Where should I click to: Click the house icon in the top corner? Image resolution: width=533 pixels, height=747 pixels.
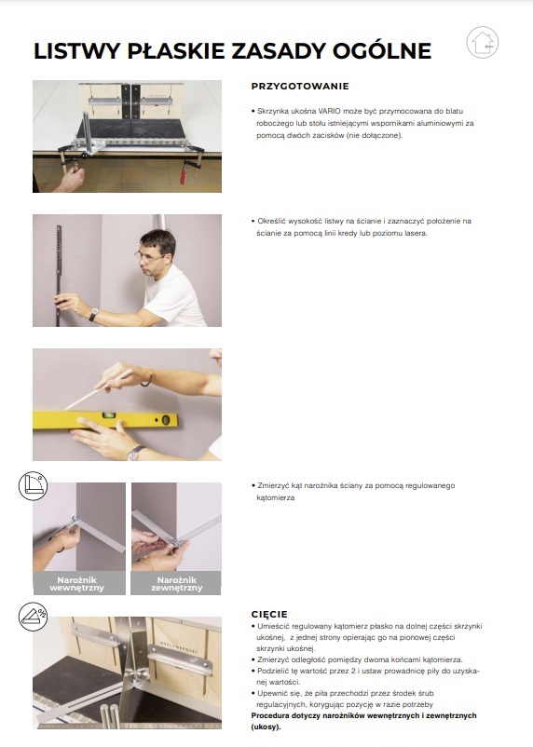click(483, 43)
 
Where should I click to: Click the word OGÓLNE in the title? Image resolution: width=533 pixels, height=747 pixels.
click(382, 51)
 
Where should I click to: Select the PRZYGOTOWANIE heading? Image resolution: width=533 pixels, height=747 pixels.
click(300, 87)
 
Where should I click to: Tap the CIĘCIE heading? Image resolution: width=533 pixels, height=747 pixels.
click(269, 614)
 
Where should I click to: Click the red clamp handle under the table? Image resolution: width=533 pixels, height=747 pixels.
click(184, 172)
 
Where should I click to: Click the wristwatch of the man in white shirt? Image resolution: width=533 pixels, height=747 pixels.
click(93, 314)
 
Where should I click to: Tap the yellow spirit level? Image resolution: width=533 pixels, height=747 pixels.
click(105, 419)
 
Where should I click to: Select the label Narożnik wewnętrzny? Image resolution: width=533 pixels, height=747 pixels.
click(76, 584)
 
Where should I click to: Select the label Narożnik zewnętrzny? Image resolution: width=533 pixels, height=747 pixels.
click(176, 584)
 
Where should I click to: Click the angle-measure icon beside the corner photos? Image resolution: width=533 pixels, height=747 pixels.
click(33, 486)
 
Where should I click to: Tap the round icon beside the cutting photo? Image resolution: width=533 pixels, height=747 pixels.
click(33, 617)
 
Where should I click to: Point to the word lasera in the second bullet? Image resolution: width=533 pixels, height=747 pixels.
click(417, 233)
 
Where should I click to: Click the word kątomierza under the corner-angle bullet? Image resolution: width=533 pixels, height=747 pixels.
click(276, 497)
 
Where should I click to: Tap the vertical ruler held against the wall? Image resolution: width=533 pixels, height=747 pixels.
click(59, 276)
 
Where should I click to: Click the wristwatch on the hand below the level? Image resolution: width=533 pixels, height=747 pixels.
click(135, 452)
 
